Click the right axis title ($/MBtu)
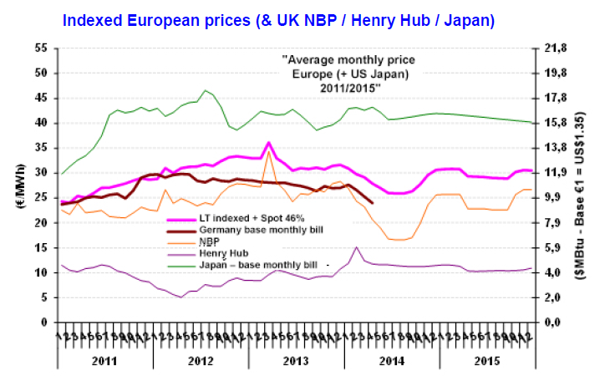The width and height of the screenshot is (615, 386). tap(600, 185)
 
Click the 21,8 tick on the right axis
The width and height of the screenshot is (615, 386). tap(557, 48)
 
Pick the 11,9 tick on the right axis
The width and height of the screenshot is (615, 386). tap(557, 173)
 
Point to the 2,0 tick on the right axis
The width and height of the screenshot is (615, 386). tap(557, 297)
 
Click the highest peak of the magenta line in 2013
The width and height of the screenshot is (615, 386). tap(268, 143)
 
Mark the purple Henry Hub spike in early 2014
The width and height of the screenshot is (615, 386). tap(357, 247)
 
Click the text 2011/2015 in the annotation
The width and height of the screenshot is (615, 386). tap(348, 87)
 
